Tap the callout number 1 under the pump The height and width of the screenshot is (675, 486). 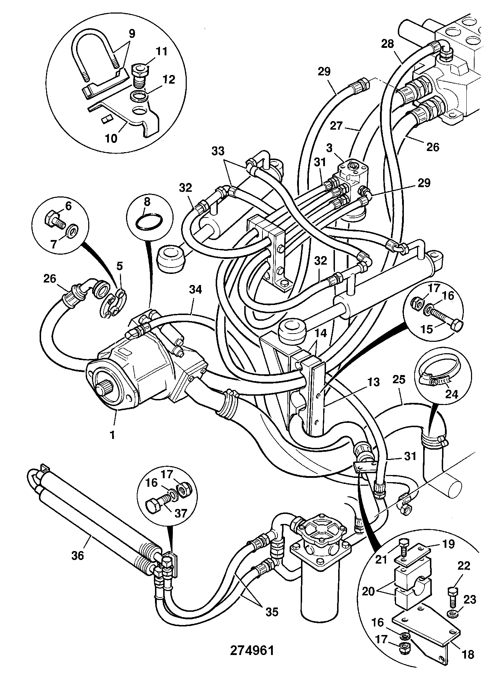click(x=112, y=436)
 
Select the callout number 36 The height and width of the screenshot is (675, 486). click(x=78, y=555)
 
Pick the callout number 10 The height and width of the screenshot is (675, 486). click(x=111, y=138)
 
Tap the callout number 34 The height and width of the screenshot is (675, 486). click(x=196, y=289)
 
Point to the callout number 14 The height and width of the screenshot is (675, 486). click(x=321, y=334)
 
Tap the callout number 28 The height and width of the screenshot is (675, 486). click(x=387, y=44)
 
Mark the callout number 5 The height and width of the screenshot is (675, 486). click(x=120, y=266)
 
